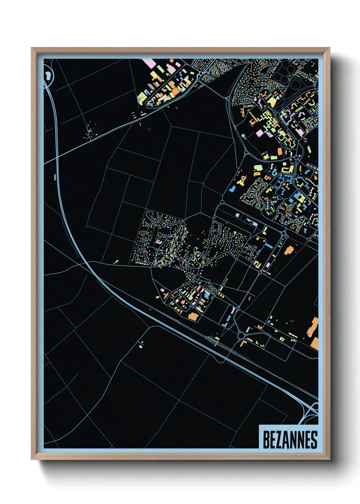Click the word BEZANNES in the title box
[x=290, y=440]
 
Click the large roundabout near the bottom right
[x=241, y=336]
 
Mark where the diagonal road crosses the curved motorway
[x=57, y=157]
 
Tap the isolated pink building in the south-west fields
[x=141, y=346]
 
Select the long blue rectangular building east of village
[x=269, y=245]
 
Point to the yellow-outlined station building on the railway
[x=214, y=339]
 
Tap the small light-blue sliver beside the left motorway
[x=55, y=176]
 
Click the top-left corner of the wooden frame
[x=32, y=48]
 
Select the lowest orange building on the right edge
[x=314, y=343]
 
